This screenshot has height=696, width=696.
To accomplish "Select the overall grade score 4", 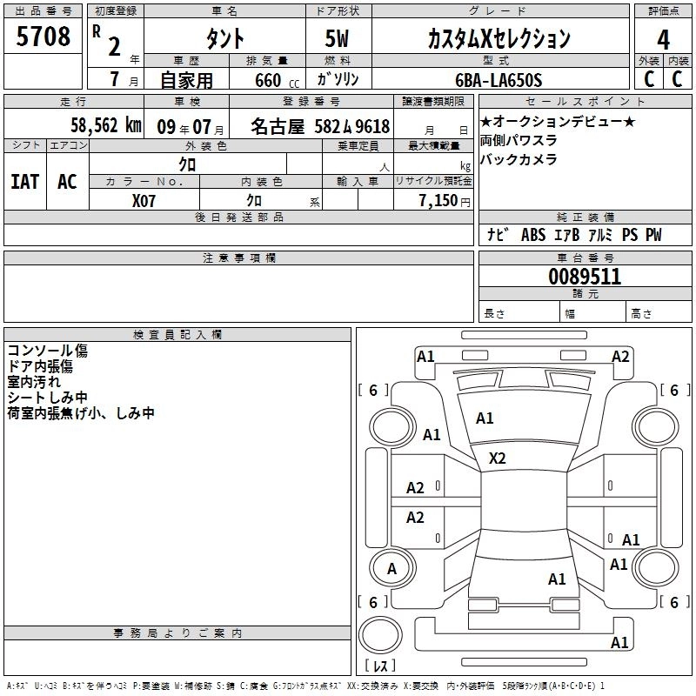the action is tap(663, 39).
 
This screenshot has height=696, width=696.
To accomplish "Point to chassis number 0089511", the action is tap(585, 277).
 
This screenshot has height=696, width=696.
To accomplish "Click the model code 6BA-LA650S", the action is tap(499, 81).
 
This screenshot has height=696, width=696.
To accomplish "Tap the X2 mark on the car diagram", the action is tap(498, 458).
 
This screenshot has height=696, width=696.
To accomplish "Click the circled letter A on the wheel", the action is tap(391, 569).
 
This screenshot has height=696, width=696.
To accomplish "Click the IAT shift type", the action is tap(24, 182).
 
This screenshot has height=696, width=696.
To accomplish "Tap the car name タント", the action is tap(224, 39).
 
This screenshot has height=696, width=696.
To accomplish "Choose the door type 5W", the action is tap(338, 39).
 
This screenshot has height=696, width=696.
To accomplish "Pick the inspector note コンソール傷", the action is tap(48, 351).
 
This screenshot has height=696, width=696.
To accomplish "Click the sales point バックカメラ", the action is tap(519, 159).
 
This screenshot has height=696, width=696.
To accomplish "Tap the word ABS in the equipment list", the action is tap(532, 235).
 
